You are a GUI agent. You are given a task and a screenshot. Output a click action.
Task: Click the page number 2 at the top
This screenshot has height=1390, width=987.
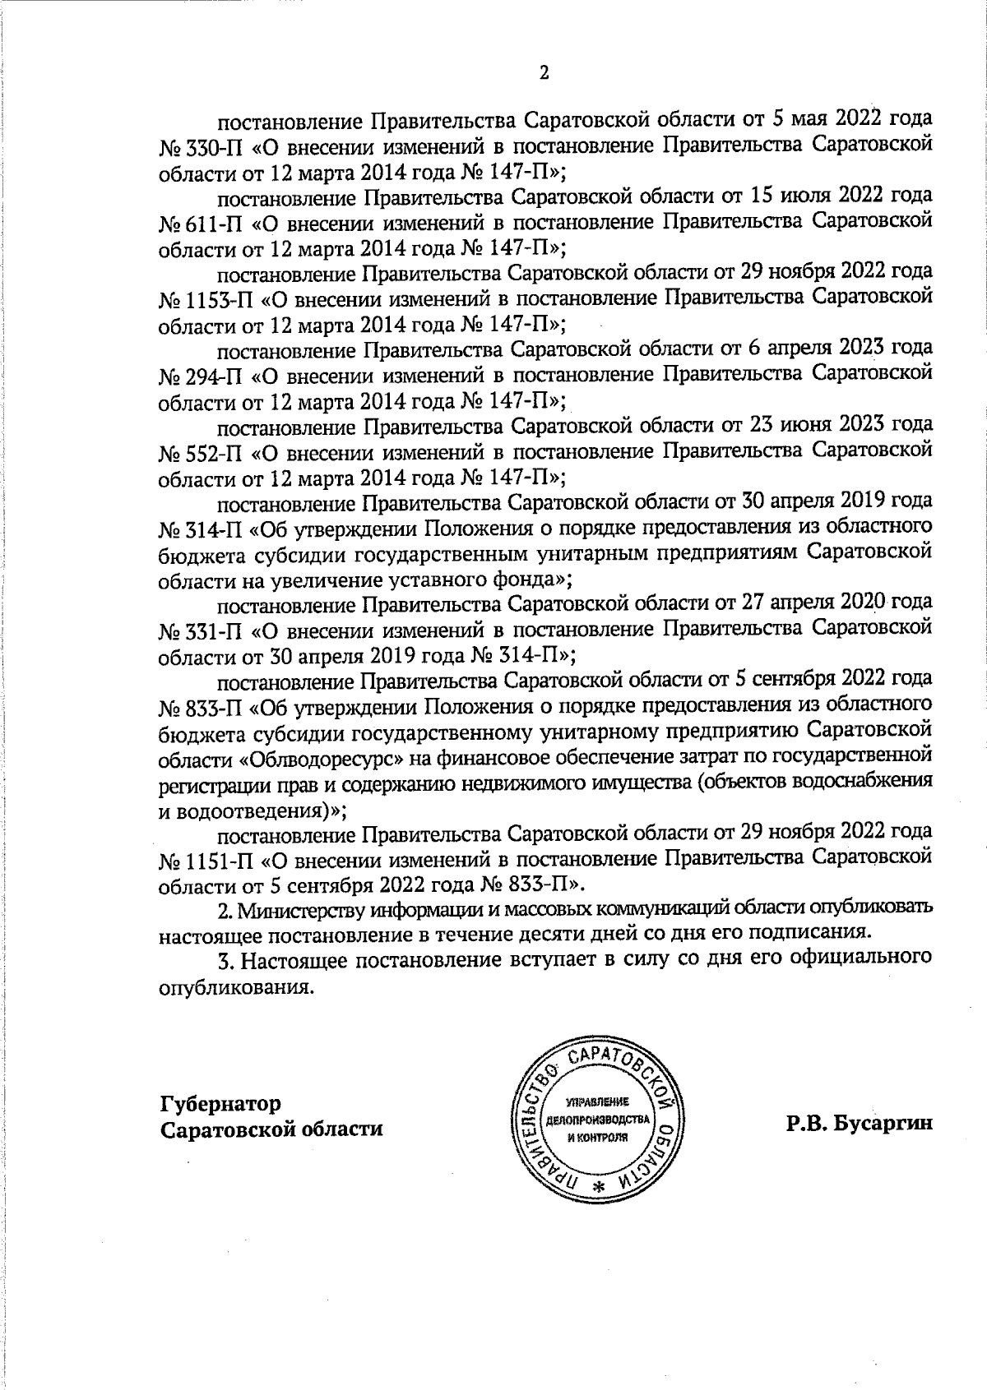tap(543, 73)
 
